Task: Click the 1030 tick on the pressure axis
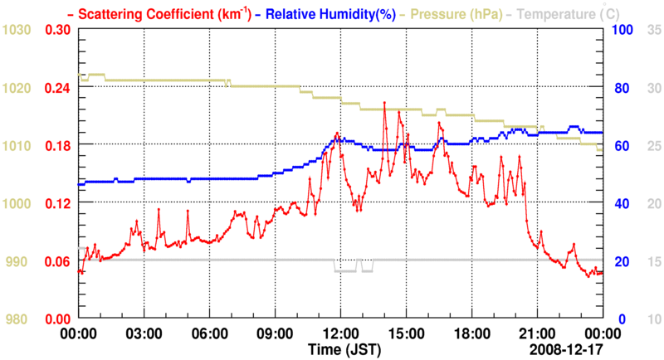[17, 30]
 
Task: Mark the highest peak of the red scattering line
[384, 103]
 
